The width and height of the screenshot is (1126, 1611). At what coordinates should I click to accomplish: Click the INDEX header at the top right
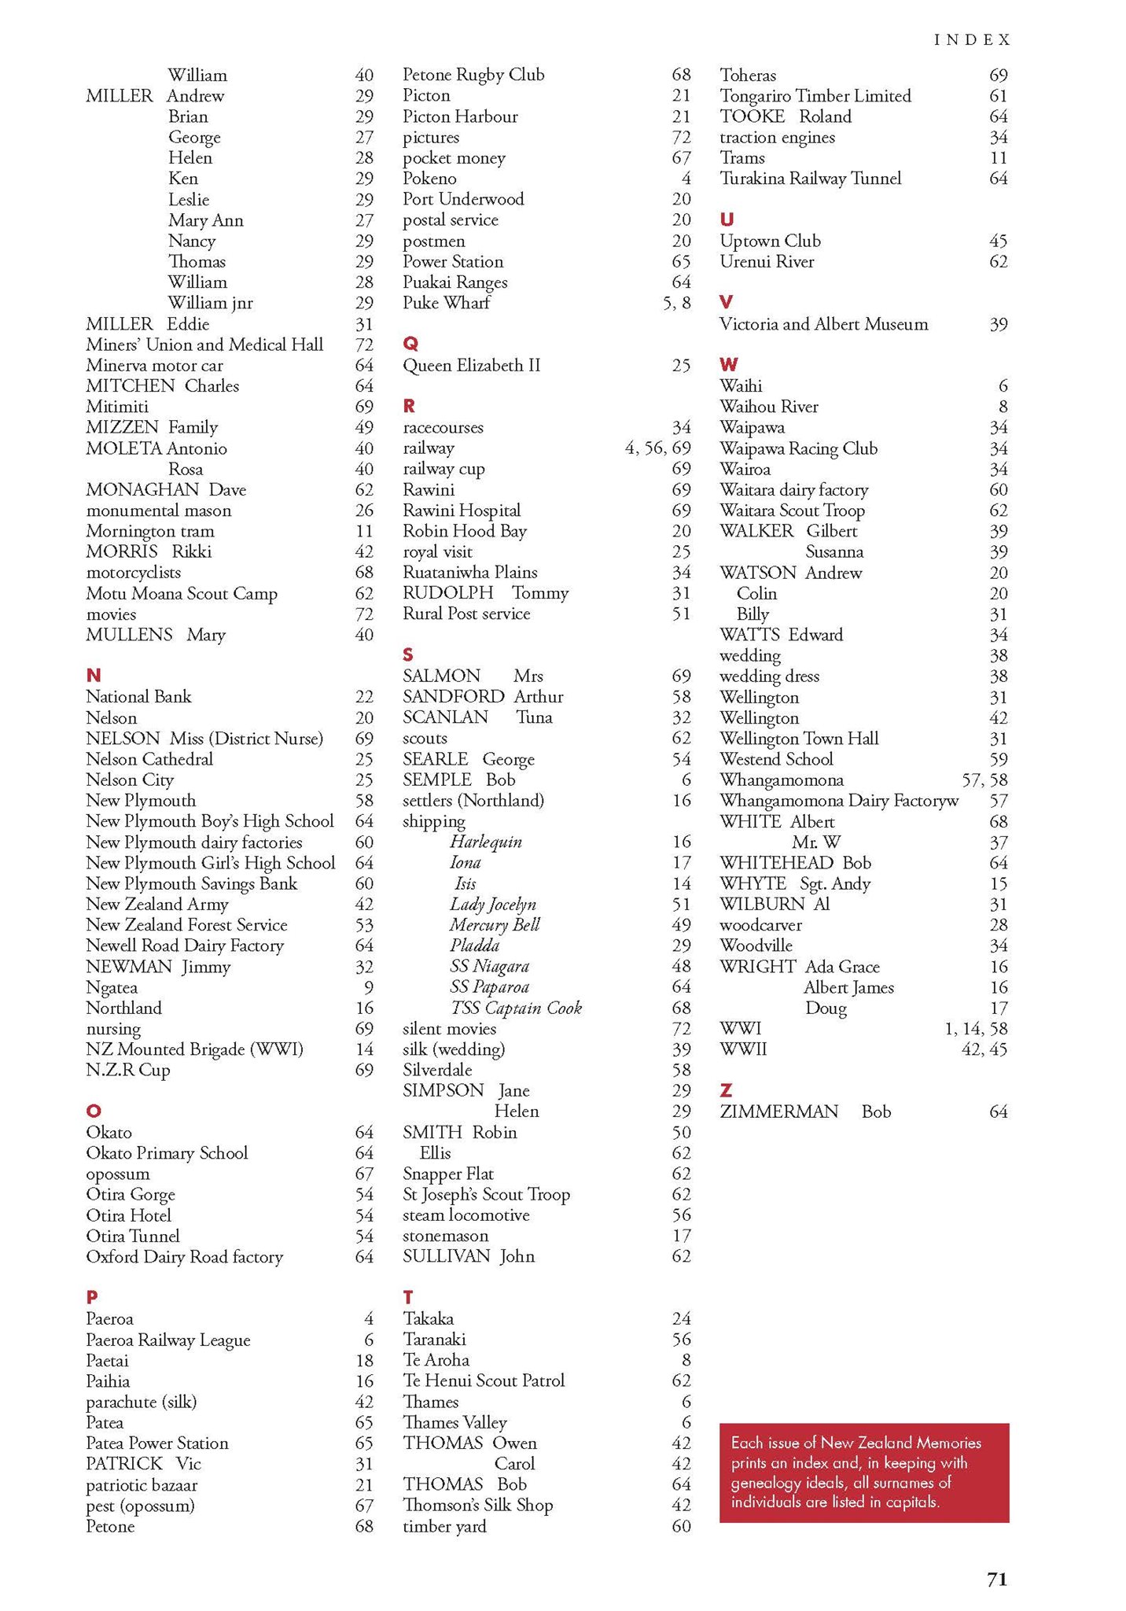click(972, 39)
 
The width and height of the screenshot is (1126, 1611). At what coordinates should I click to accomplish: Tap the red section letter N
click(94, 675)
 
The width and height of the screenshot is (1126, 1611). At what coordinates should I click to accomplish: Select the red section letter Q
click(410, 344)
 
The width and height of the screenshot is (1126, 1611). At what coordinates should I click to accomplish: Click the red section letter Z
click(726, 1090)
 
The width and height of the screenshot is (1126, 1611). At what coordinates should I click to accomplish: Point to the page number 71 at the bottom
click(996, 1579)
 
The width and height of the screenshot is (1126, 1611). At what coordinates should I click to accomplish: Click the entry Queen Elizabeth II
click(472, 365)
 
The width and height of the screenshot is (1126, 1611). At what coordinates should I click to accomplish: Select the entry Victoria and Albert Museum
click(823, 324)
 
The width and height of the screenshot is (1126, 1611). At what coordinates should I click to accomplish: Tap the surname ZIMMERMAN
click(778, 1111)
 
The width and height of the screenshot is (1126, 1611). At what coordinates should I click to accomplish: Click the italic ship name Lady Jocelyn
click(493, 904)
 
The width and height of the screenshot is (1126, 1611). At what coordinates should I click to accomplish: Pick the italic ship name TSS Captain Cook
click(516, 1008)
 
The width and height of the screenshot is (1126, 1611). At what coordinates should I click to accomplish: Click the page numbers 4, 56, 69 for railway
click(657, 448)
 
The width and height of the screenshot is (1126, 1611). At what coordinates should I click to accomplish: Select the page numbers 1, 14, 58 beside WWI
click(975, 1028)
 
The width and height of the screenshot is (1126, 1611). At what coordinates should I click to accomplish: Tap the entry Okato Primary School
click(167, 1152)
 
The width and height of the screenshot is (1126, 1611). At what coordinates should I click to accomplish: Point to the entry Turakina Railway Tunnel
click(810, 179)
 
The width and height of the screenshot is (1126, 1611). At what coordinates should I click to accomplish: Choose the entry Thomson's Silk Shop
click(478, 1505)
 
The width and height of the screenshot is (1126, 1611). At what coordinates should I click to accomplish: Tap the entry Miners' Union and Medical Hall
click(204, 345)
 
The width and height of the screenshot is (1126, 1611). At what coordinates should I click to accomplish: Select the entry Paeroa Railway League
click(168, 1340)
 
